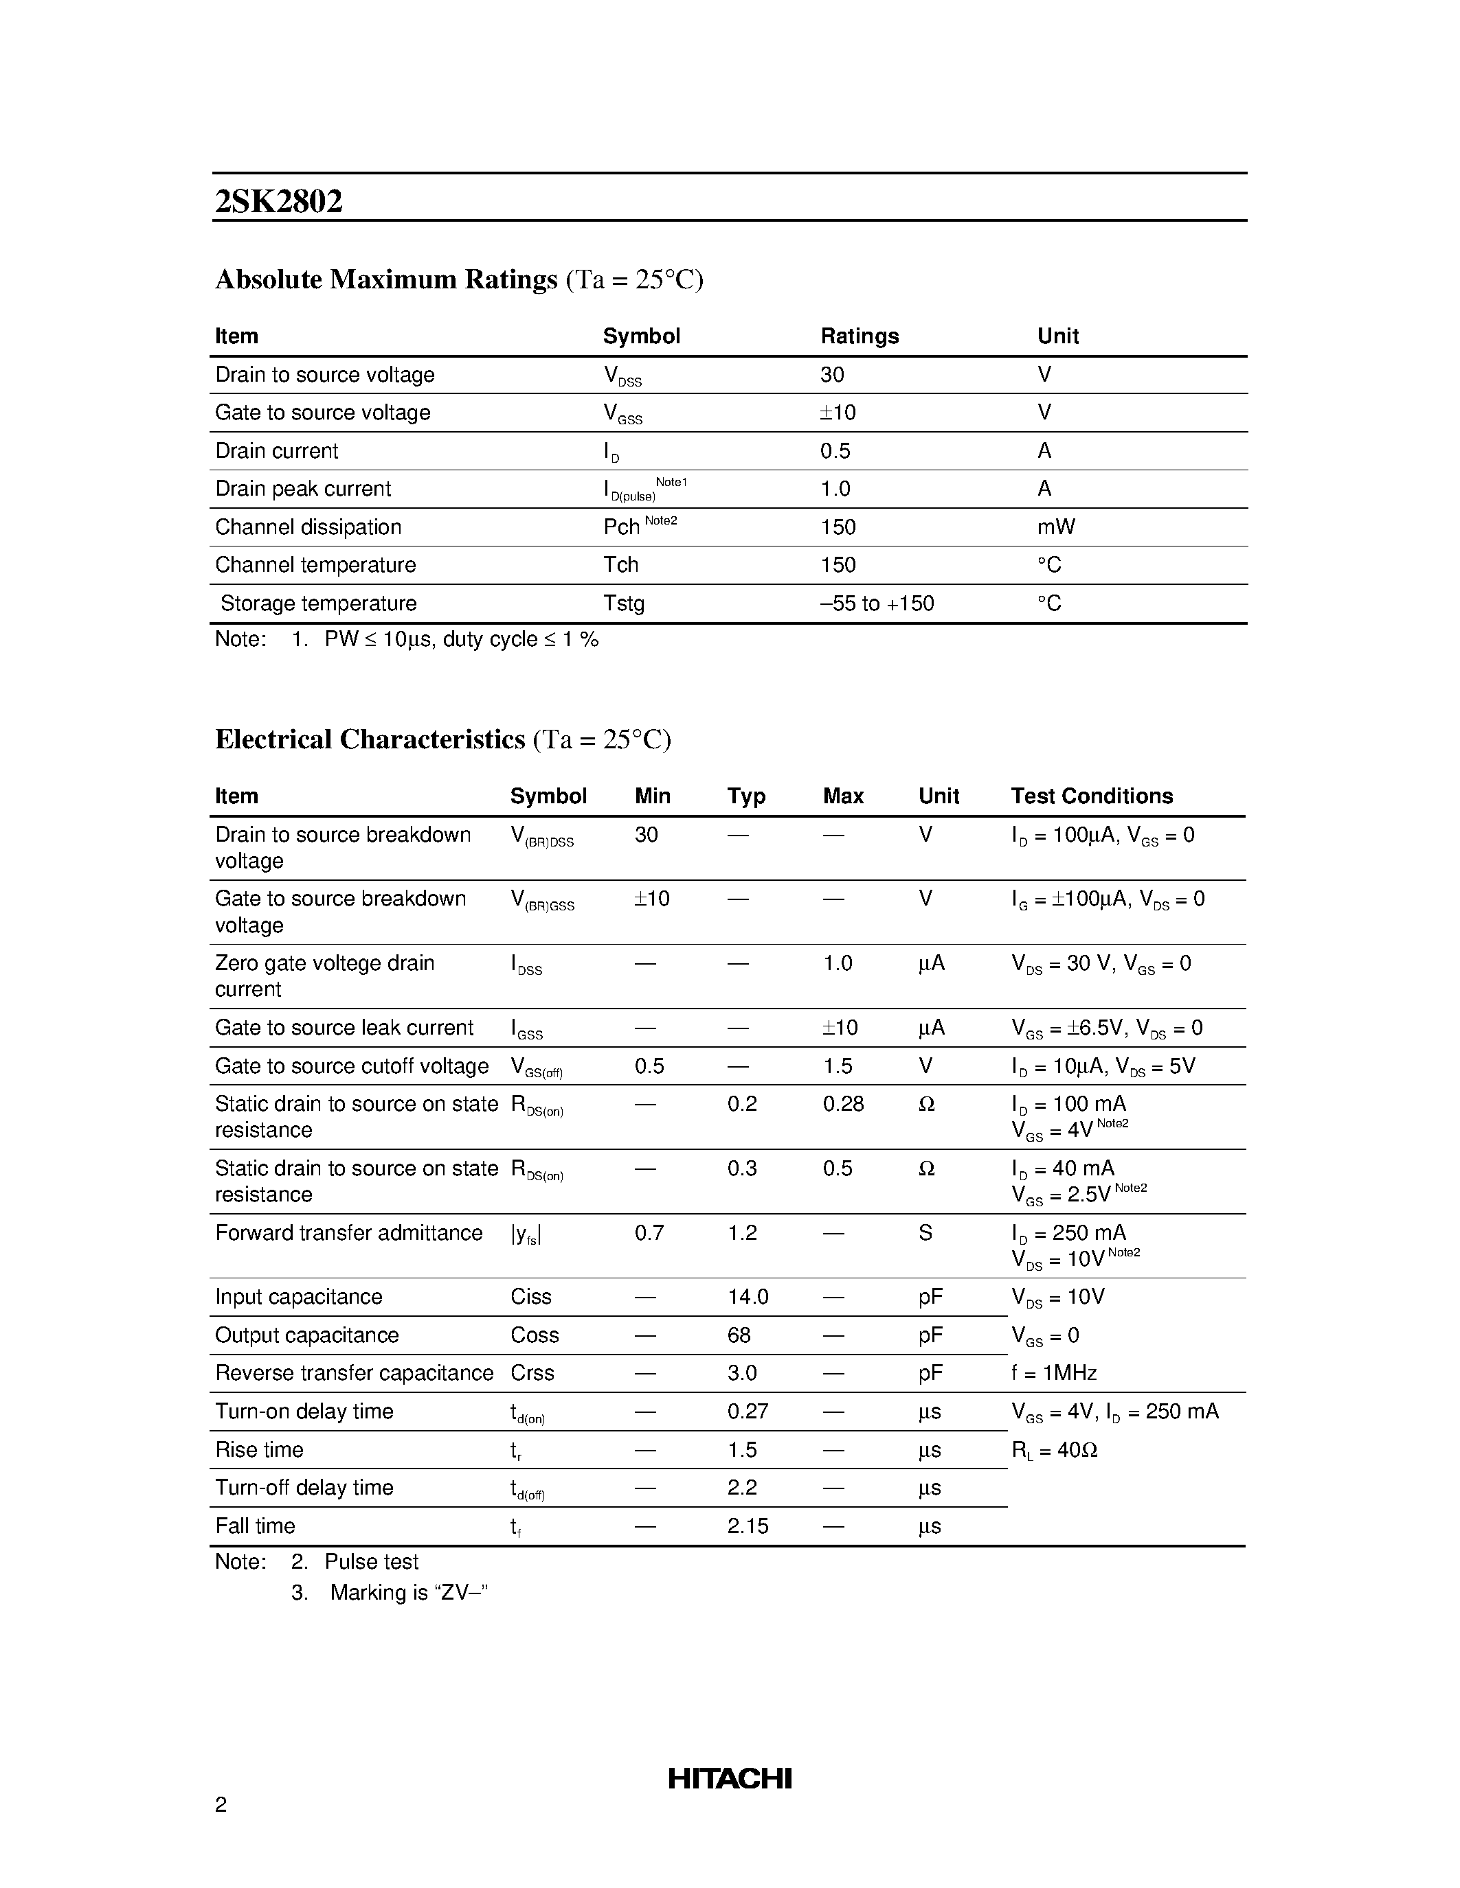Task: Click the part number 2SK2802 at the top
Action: tap(278, 201)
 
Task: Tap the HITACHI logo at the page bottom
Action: tap(729, 1778)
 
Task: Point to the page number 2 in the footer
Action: tap(221, 1804)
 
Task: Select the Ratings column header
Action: tap(859, 336)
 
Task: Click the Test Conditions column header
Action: tap(1092, 796)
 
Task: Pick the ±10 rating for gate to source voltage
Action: tap(838, 413)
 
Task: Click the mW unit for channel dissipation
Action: tap(1056, 527)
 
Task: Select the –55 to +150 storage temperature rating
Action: tap(876, 603)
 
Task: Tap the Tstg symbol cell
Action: tap(624, 603)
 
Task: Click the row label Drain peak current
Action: tap(303, 490)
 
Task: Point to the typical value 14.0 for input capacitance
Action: tap(748, 1297)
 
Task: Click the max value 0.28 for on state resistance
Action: tap(843, 1104)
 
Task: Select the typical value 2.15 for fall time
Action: tap(748, 1526)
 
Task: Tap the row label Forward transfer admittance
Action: tap(348, 1233)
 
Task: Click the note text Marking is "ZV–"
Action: tap(409, 1592)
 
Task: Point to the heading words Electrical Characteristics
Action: tap(370, 740)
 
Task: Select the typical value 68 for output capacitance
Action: tap(739, 1335)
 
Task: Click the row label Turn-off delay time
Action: tap(304, 1487)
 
